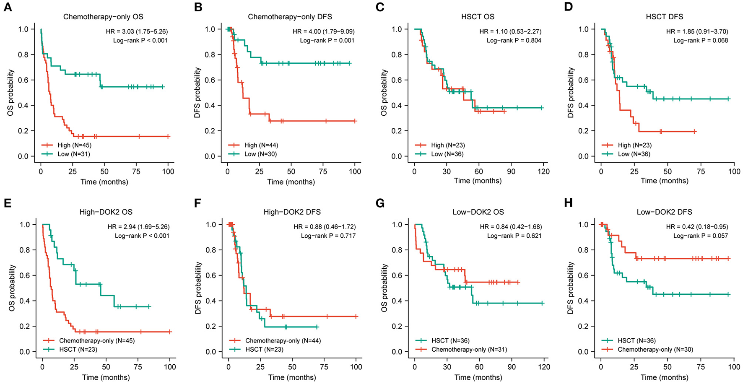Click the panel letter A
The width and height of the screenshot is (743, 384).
pos(7,7)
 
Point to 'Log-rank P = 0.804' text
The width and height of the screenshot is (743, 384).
pos(514,41)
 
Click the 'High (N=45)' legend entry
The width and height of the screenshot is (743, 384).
pos(74,145)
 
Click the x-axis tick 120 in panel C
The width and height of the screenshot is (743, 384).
pos(543,171)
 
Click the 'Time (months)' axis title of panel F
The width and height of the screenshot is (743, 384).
pos(292,377)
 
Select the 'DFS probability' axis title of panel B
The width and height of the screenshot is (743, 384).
pos(197,93)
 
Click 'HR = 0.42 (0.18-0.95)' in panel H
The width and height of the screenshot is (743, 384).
pos(697,227)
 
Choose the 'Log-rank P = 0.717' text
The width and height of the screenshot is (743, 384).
pos(328,236)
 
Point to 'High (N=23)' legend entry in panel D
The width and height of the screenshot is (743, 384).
pos(634,145)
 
